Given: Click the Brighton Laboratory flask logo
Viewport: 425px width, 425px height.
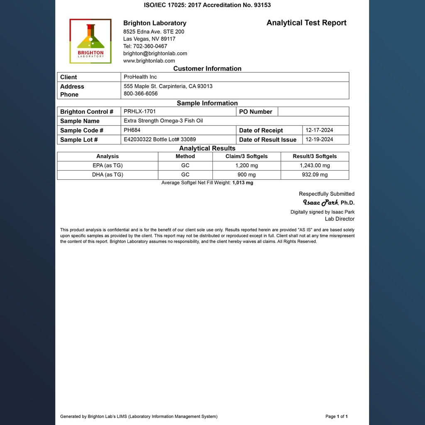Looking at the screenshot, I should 90,41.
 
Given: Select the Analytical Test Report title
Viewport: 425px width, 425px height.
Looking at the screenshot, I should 306,23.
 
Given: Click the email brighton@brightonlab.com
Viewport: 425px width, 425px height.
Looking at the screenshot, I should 155,54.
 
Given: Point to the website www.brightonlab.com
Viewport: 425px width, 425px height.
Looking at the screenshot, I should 149,61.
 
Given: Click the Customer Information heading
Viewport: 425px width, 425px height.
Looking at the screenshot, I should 207,69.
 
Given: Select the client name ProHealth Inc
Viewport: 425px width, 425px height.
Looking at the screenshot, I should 140,77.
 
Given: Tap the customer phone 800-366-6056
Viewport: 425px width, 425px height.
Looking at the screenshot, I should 141,94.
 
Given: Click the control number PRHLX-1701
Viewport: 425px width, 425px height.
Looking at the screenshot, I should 140,111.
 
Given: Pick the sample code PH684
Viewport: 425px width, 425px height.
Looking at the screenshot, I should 132,130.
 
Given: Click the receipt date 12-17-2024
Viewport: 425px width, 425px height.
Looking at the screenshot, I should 319,130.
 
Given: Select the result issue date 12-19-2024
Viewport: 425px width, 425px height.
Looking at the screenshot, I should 319,139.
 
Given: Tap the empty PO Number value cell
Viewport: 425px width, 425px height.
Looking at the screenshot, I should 313,112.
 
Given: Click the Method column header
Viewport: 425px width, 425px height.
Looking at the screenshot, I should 185,156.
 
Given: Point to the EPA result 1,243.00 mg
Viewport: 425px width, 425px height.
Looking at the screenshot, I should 315,166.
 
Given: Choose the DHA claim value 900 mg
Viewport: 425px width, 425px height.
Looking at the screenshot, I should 247,175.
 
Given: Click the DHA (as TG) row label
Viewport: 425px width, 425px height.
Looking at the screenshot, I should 107,175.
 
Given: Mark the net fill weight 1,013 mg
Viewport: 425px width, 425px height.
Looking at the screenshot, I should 243,183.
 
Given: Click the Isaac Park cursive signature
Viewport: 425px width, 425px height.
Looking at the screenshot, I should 320,203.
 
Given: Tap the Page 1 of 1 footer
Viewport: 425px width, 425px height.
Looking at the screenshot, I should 337,416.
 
